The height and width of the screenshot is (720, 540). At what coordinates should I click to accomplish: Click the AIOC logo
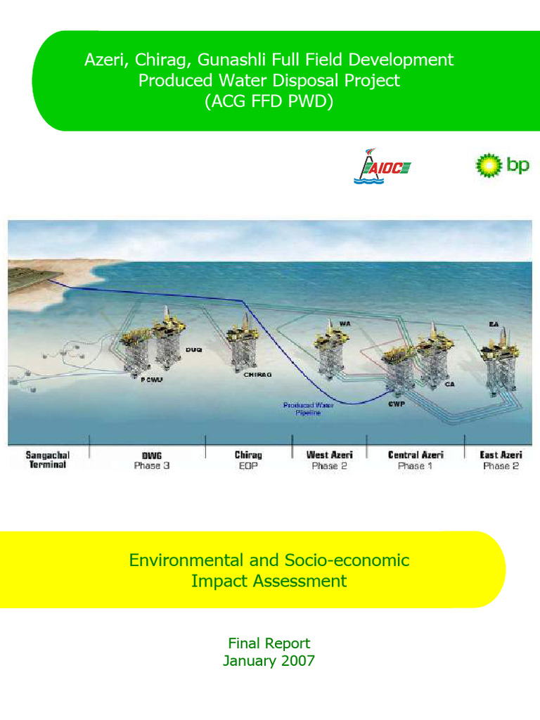[382, 167]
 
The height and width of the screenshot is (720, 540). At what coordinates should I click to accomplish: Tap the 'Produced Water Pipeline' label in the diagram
[302, 409]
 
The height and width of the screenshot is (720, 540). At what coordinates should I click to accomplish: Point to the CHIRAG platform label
[257, 375]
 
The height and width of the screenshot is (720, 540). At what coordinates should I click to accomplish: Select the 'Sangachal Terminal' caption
[48, 460]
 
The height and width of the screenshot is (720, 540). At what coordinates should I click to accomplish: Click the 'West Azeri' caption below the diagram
[330, 455]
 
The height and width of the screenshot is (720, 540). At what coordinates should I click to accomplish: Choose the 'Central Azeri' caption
[416, 455]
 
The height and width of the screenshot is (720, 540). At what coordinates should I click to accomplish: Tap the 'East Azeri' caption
[501, 455]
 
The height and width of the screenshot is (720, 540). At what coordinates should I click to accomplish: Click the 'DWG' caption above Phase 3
[151, 455]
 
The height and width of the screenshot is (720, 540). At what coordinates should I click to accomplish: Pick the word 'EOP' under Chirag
[248, 465]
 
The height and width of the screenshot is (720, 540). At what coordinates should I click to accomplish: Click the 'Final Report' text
[269, 643]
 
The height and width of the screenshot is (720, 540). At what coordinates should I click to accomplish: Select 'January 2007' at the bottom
[269, 660]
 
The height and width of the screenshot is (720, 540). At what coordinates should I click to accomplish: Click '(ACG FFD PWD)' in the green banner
[269, 101]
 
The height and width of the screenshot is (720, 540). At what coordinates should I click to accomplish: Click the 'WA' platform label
[345, 323]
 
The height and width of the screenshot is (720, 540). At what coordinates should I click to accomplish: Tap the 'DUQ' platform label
[193, 349]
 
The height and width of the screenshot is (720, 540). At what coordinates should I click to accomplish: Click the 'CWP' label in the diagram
[395, 404]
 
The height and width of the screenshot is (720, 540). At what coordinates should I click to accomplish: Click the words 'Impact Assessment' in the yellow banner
[269, 581]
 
